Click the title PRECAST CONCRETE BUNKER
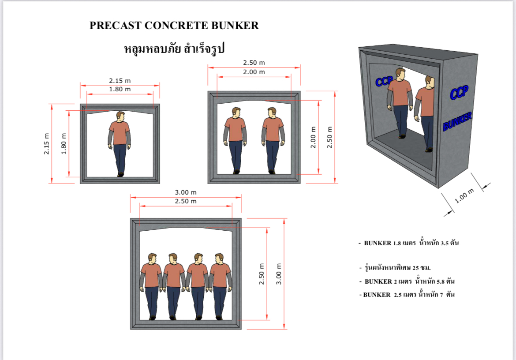click(174, 26)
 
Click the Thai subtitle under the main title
click(175, 48)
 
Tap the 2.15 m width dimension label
click(120, 81)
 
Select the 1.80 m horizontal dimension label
click(120, 90)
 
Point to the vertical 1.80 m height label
click(64, 144)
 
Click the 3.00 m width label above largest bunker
click(186, 192)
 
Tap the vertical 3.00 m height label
click(279, 274)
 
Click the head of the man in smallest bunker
click(120, 116)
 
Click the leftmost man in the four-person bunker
click(151, 285)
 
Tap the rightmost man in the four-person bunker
click(221, 285)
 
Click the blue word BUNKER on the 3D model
click(457, 121)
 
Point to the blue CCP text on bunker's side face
click(459, 93)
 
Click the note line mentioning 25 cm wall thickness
click(395, 268)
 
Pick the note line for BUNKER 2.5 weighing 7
click(407, 294)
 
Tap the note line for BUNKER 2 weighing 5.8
click(408, 281)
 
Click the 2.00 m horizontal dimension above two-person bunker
click(254, 72)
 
